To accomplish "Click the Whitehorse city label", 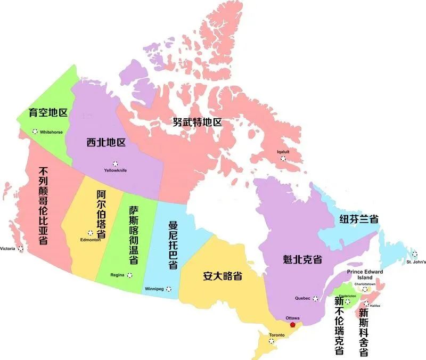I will tap(52, 132).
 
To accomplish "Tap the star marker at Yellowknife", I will tap(115, 163).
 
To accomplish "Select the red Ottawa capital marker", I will tap(292, 324).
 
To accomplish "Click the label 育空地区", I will tap(48, 113).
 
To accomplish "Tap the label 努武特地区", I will tap(197, 122).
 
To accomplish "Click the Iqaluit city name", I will tap(283, 151).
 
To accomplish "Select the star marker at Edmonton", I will tap(90, 233).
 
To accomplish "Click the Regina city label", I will tap(117, 275).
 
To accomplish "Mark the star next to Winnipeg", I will tap(169, 289).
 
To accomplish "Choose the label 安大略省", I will tap(223, 276).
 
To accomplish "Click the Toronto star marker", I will tap(272, 341).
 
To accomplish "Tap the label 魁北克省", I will tap(302, 259).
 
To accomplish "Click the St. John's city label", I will tap(415, 261).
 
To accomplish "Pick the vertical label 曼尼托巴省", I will tap(173, 244).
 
